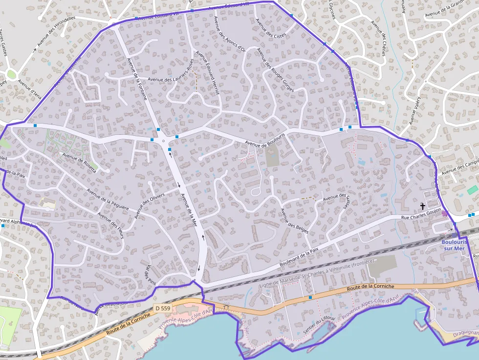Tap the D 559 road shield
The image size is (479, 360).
tap(163, 308)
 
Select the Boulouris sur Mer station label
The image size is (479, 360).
tap(454, 245)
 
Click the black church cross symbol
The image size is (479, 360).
tap(423, 207)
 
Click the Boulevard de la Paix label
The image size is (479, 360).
tap(299, 257)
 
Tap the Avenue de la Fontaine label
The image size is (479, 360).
tap(137, 79)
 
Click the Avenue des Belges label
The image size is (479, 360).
tap(294, 221)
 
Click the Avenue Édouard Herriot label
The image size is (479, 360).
tap(207, 70)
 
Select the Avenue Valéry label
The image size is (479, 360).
tap(415, 110)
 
